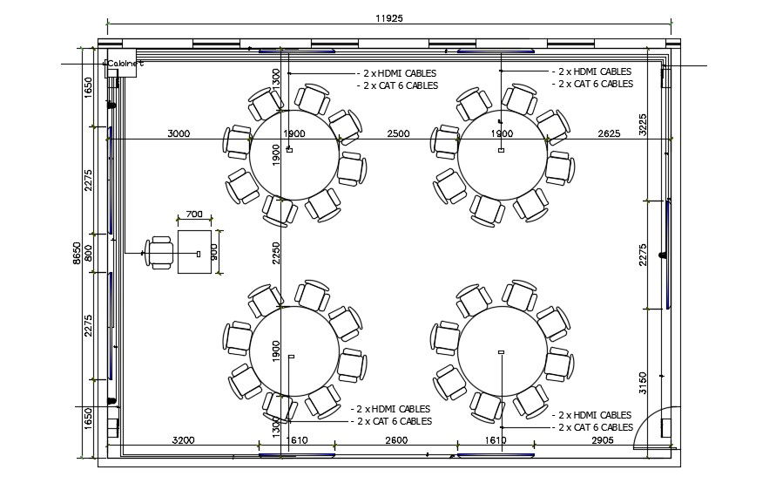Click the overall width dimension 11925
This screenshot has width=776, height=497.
tap(389, 17)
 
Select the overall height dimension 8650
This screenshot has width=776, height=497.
tap(77, 253)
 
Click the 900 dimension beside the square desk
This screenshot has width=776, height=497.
tap(214, 251)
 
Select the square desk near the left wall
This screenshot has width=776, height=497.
tap(194, 252)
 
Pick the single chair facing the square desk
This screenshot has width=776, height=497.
tap(159, 252)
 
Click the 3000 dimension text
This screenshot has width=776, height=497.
tap(179, 133)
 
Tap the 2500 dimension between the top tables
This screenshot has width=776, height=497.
tap(398, 133)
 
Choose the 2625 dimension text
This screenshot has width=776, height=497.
tap(610, 133)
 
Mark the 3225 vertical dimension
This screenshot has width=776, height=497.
tap(643, 123)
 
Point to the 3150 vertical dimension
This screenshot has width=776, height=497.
tap(643, 383)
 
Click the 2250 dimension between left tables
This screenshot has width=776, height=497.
tap(275, 253)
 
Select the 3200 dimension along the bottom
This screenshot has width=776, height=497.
tap(183, 440)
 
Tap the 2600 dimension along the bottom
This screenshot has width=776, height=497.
tap(396, 440)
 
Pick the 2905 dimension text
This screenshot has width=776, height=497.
tap(602, 440)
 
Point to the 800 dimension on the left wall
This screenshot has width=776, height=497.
tap(87, 253)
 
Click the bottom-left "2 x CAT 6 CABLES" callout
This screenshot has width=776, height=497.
tap(394, 421)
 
